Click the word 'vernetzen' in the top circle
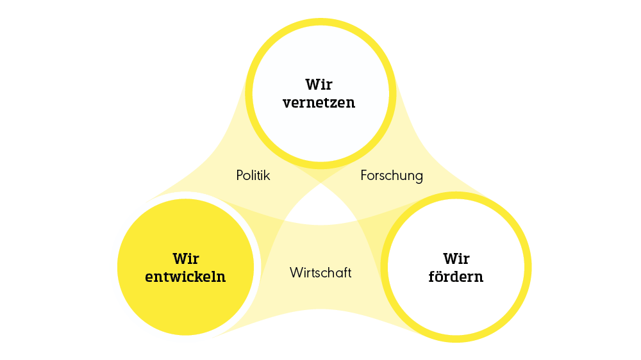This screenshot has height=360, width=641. (320, 102)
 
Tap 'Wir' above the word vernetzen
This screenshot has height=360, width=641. (320, 84)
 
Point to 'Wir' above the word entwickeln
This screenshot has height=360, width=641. (186, 259)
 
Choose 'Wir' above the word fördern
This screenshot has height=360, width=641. (456, 259)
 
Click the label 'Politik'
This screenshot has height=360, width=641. (253, 175)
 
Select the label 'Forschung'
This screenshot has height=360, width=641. (392, 175)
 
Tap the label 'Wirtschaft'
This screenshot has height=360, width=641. (320, 272)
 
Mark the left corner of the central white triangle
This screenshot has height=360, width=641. (286, 220)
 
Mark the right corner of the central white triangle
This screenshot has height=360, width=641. (356, 220)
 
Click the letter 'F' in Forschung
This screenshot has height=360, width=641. (364, 175)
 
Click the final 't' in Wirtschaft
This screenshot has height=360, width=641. (349, 272)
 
